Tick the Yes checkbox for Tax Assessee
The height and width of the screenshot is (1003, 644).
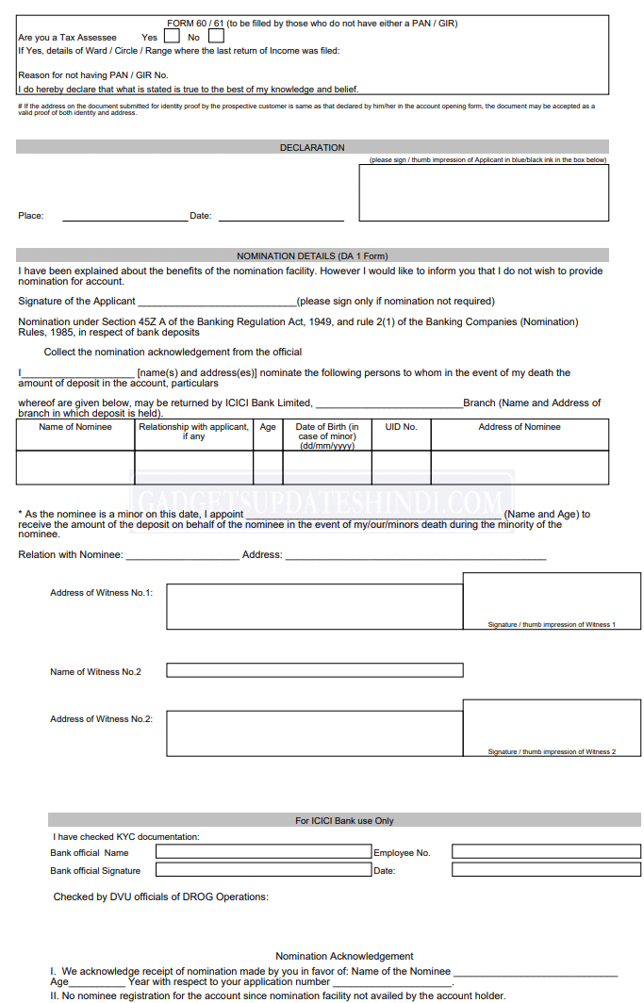click(x=172, y=37)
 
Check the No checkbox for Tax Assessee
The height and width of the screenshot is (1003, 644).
click(x=216, y=37)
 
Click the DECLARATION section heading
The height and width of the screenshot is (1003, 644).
click(x=312, y=148)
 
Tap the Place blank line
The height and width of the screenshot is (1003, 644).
click(x=124, y=216)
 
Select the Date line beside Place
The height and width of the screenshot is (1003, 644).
click(x=281, y=216)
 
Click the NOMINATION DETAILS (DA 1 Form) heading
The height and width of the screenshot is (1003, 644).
click(x=312, y=255)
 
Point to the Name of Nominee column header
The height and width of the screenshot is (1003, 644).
click(x=75, y=427)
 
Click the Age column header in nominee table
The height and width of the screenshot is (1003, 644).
click(x=268, y=427)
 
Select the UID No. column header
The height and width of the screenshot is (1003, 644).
click(x=401, y=427)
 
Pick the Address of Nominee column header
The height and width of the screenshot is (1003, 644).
click(x=520, y=427)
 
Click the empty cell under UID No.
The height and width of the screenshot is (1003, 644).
click(x=401, y=468)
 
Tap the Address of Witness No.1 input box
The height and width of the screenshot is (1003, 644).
click(x=314, y=606)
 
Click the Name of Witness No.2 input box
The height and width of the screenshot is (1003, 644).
click(x=314, y=670)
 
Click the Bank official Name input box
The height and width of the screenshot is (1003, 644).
click(x=263, y=852)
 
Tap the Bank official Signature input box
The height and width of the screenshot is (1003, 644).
click(x=263, y=870)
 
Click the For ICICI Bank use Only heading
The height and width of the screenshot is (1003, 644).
click(x=344, y=820)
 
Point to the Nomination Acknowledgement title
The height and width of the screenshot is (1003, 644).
click(x=344, y=956)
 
